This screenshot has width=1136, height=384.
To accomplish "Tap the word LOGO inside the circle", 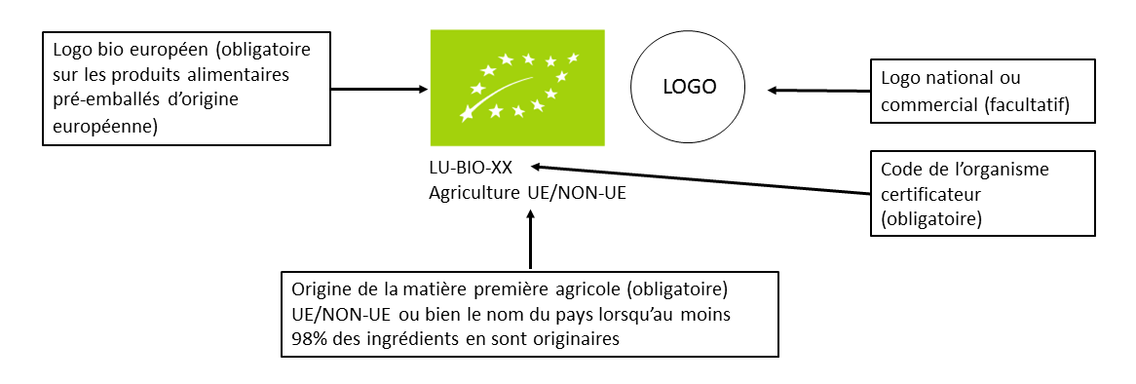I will [689, 86].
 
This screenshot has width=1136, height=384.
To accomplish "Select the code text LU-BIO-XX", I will [471, 169].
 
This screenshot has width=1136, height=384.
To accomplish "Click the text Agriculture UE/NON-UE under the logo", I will [527, 192].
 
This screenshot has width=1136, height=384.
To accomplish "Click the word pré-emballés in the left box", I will [97, 101].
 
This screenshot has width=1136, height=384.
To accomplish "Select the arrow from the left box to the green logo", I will [380, 90].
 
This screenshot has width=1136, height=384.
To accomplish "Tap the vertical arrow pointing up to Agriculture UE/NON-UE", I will [531, 239].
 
